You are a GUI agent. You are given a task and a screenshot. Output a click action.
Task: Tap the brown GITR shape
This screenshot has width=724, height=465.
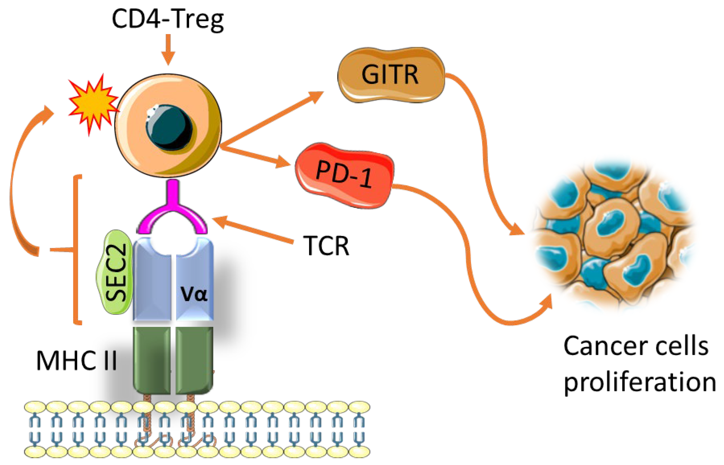(391, 75)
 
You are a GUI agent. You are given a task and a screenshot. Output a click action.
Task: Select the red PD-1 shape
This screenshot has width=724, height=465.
(344, 175)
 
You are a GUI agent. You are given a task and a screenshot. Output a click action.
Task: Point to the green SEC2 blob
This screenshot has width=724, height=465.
(115, 272)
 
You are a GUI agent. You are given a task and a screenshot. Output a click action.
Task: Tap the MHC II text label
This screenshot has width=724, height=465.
(76, 360)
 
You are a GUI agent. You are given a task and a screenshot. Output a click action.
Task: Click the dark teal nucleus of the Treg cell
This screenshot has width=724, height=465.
(168, 127)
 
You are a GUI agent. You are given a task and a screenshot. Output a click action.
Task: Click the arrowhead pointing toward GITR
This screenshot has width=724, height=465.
(316, 96)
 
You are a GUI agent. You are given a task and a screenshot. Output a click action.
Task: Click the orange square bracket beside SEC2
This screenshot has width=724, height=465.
(77, 249)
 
